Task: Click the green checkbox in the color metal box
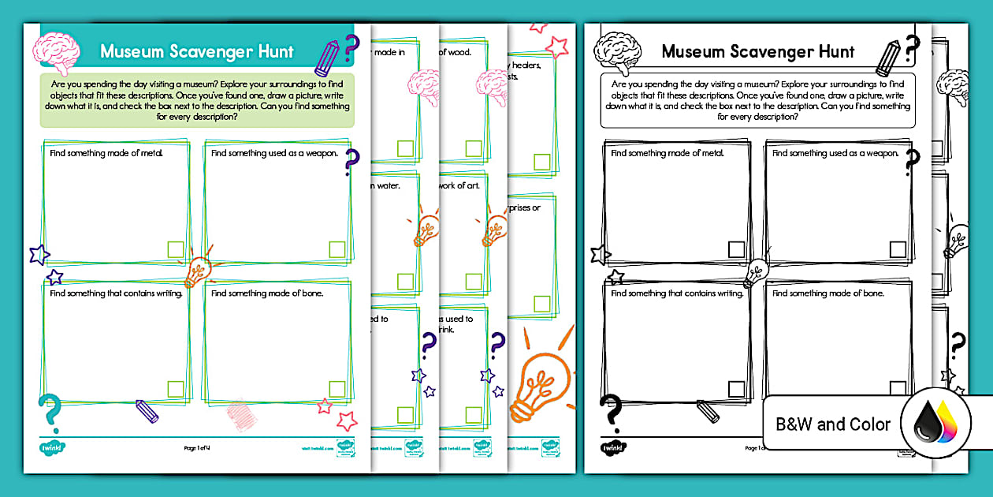[176, 250]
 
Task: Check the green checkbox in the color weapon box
[337, 250]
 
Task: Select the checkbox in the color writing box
[176, 388]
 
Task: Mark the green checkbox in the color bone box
[337, 388]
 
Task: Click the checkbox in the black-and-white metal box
[736, 250]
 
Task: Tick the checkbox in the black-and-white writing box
[736, 388]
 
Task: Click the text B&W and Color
[833, 424]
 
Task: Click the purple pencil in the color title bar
[326, 54]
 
